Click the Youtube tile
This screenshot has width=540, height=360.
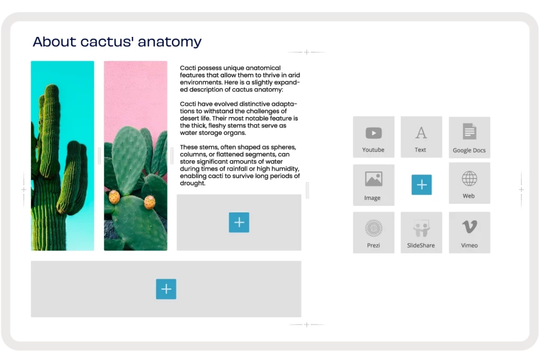(374, 137)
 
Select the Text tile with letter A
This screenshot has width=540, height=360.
(421, 137)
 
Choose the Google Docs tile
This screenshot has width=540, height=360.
(469, 138)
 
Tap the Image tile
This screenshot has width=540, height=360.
(374, 185)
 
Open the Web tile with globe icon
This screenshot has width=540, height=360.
(469, 183)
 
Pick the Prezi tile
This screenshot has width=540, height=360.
(374, 232)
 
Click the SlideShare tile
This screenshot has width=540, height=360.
(421, 232)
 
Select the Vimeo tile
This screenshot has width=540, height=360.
(469, 232)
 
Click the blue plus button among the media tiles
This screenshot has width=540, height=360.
(421, 185)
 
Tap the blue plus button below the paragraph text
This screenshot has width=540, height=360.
(239, 222)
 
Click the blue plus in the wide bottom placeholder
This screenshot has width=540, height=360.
(166, 289)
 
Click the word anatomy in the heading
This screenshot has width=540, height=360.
(169, 42)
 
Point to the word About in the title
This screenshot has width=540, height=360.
(54, 42)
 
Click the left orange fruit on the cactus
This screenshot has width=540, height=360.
(114, 197)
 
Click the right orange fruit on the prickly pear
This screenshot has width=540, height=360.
(149, 202)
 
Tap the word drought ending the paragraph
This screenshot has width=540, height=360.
(192, 183)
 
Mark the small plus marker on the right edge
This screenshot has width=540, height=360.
(522, 190)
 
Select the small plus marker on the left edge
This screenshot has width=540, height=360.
(24, 189)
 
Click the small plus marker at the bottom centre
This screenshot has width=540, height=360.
(306, 325)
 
